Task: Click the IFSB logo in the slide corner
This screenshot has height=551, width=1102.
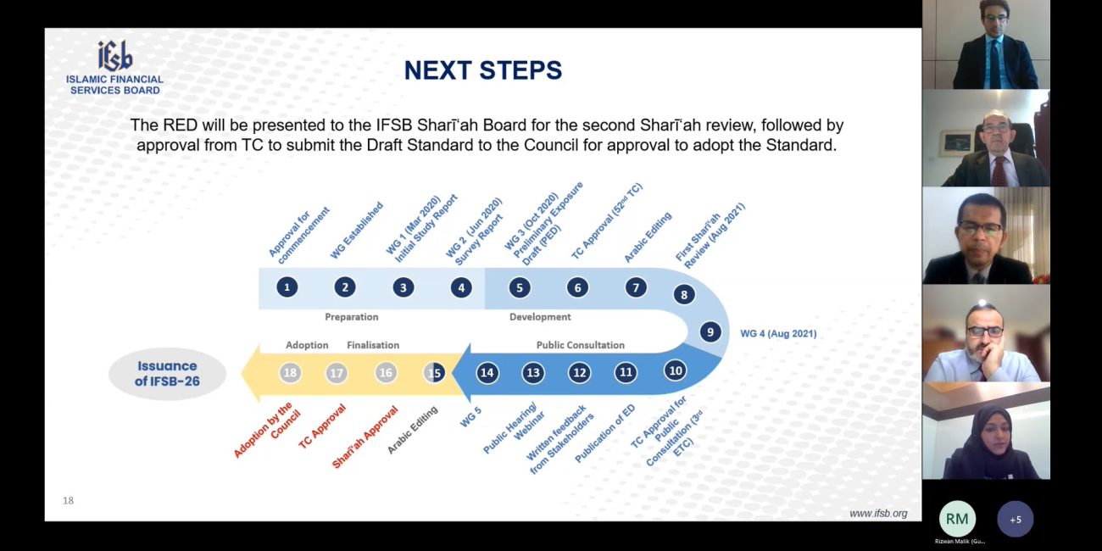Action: coord(114,68)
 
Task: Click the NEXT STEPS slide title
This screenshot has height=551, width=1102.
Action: coord(483,70)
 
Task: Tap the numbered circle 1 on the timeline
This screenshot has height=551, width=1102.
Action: coord(287,287)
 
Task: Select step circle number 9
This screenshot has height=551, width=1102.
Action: coord(710,332)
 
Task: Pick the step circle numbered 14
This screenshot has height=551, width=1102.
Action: coord(487,373)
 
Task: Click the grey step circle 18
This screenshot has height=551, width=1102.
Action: coord(290,373)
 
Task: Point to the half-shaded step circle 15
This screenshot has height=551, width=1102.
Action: coord(434,373)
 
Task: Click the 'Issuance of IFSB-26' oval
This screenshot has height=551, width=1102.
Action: coord(167,373)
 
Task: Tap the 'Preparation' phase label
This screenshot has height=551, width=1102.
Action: coord(352,317)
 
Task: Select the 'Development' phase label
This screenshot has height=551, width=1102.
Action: coord(540,317)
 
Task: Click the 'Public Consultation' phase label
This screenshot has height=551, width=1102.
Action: coord(581,345)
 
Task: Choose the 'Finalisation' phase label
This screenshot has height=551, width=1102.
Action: coord(373,345)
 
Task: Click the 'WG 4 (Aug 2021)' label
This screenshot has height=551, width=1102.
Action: coord(778,333)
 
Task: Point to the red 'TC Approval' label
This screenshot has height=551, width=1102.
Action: coord(322,426)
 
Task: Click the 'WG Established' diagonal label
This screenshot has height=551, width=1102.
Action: coord(356,231)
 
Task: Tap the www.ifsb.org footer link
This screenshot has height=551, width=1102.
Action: coord(878,514)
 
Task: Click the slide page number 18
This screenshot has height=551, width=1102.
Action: coord(68,501)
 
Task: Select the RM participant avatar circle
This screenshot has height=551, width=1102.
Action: coord(957,519)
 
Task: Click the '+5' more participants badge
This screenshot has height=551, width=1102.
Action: coord(1016,519)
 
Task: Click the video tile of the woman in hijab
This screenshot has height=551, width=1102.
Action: coord(986,431)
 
